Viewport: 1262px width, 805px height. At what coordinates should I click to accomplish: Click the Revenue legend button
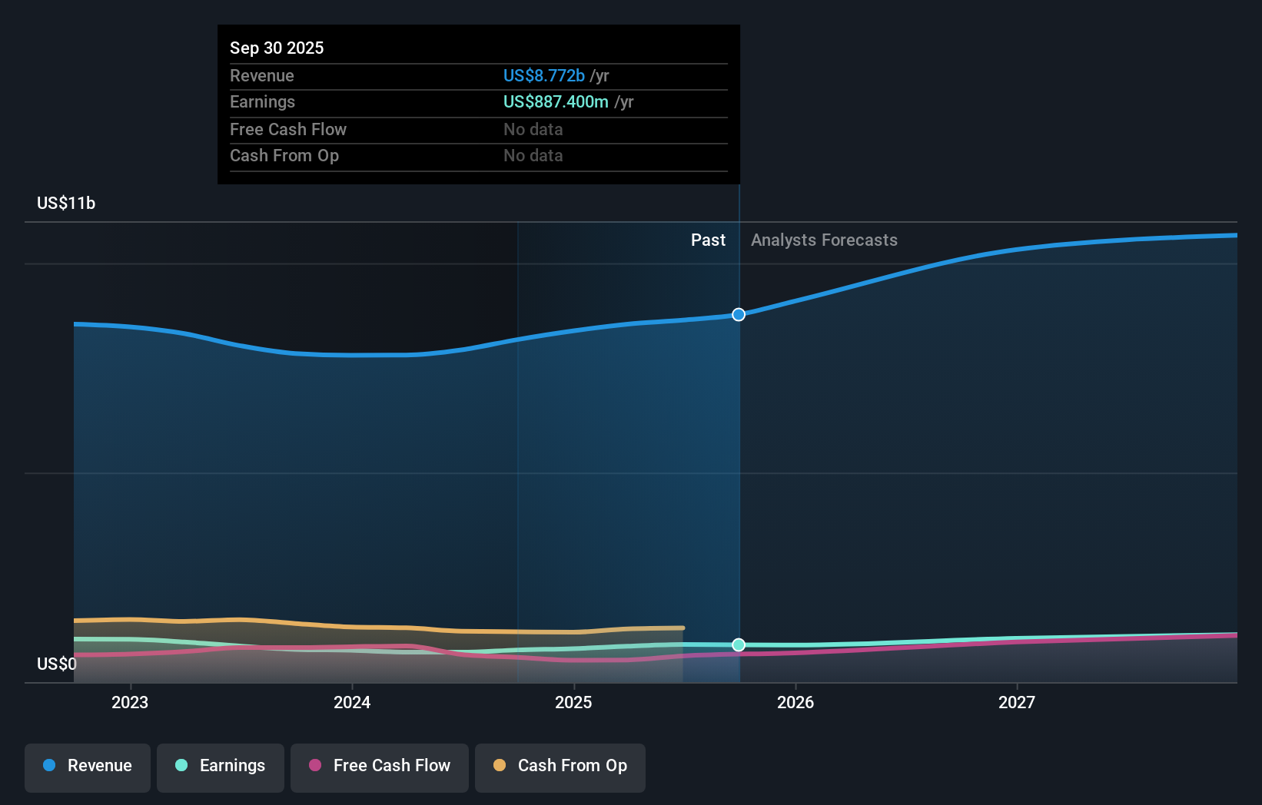tap(88, 766)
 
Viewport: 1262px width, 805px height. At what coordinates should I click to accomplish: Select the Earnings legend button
tap(221, 766)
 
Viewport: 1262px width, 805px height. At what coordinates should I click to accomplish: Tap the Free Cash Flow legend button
tap(380, 766)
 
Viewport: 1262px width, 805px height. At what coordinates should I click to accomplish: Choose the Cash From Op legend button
tap(560, 766)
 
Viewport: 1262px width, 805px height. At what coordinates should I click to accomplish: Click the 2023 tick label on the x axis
tap(130, 702)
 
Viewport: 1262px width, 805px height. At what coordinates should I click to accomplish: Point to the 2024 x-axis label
tap(352, 702)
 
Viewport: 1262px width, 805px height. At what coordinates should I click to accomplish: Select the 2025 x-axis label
tap(573, 702)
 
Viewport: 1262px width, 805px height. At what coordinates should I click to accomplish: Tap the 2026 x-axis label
tap(795, 702)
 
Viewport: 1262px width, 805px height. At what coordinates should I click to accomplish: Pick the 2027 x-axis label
tap(1017, 702)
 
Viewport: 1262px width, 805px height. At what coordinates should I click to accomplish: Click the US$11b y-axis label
tap(66, 203)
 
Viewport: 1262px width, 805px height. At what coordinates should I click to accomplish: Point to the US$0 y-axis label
tap(57, 664)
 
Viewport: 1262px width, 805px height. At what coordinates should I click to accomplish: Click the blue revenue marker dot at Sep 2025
tap(739, 314)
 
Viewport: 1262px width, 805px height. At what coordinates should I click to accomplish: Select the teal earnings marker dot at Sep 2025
tap(739, 644)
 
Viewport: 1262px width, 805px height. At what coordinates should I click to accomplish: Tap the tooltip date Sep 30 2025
tap(277, 48)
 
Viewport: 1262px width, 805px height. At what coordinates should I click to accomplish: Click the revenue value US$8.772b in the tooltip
tap(544, 75)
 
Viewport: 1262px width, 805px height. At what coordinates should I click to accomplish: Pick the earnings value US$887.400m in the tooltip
tap(556, 101)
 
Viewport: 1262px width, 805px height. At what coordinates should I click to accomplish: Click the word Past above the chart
tap(708, 240)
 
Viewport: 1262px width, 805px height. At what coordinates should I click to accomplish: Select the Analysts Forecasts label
tap(824, 240)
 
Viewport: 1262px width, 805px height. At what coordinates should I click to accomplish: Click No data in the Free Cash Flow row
tap(533, 129)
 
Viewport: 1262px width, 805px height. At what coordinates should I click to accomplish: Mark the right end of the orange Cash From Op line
tap(682, 628)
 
